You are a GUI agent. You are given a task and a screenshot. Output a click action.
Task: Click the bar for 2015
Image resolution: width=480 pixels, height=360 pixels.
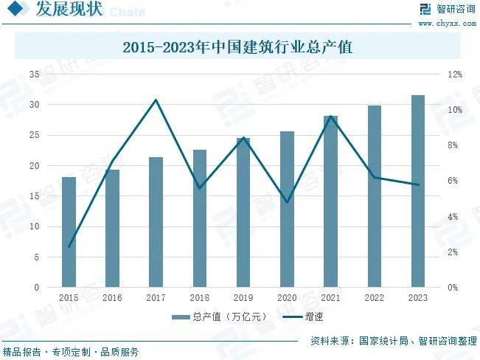[x=69, y=232]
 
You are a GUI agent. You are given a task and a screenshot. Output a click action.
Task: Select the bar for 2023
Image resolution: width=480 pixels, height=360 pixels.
[x=418, y=191]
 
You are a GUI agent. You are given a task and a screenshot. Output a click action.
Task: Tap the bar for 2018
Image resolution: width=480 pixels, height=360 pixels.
[x=200, y=218]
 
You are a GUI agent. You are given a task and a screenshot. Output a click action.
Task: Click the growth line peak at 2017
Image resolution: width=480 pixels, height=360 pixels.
[x=156, y=100]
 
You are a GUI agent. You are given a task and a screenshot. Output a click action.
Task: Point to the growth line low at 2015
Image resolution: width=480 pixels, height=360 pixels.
[x=69, y=246]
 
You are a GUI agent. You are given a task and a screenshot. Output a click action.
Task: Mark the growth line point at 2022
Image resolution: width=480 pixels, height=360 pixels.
[x=375, y=177]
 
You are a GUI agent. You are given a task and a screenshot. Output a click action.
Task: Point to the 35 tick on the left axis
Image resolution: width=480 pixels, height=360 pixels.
[x=34, y=75]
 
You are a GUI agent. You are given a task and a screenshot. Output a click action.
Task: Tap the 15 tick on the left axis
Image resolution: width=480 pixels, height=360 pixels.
[x=34, y=196]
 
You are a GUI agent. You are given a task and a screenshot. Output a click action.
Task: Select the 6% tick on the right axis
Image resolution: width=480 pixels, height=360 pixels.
[x=453, y=181]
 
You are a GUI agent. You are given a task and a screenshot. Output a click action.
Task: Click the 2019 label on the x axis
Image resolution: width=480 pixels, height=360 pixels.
[x=243, y=297]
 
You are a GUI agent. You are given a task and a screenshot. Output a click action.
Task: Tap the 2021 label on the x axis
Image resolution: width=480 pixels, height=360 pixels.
[x=330, y=297]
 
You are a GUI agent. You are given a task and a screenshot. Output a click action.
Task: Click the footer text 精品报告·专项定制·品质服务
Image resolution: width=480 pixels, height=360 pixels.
[x=71, y=353]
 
